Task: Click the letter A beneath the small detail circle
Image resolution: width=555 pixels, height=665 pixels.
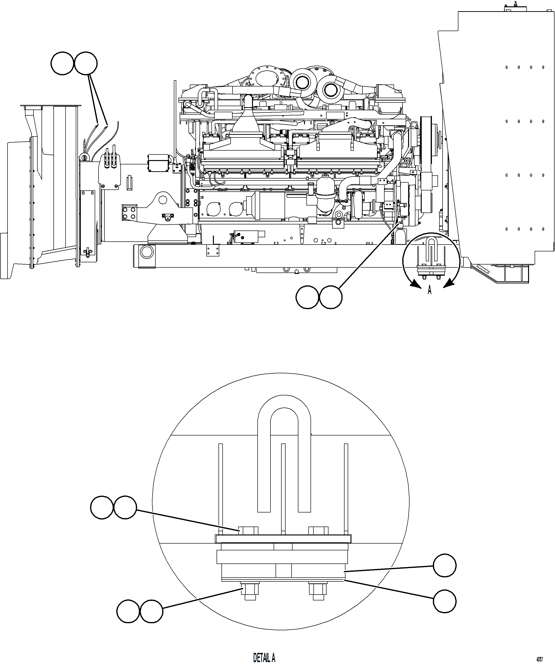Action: [x=429, y=290]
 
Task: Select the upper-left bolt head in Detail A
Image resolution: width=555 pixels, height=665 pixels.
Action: [x=248, y=530]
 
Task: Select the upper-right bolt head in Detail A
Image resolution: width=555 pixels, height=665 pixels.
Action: [x=318, y=530]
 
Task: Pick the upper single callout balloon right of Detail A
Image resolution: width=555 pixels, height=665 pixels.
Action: [x=445, y=565]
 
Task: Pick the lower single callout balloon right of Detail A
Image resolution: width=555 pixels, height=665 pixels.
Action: [x=445, y=601]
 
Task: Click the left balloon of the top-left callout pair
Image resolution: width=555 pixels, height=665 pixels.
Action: [x=62, y=63]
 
